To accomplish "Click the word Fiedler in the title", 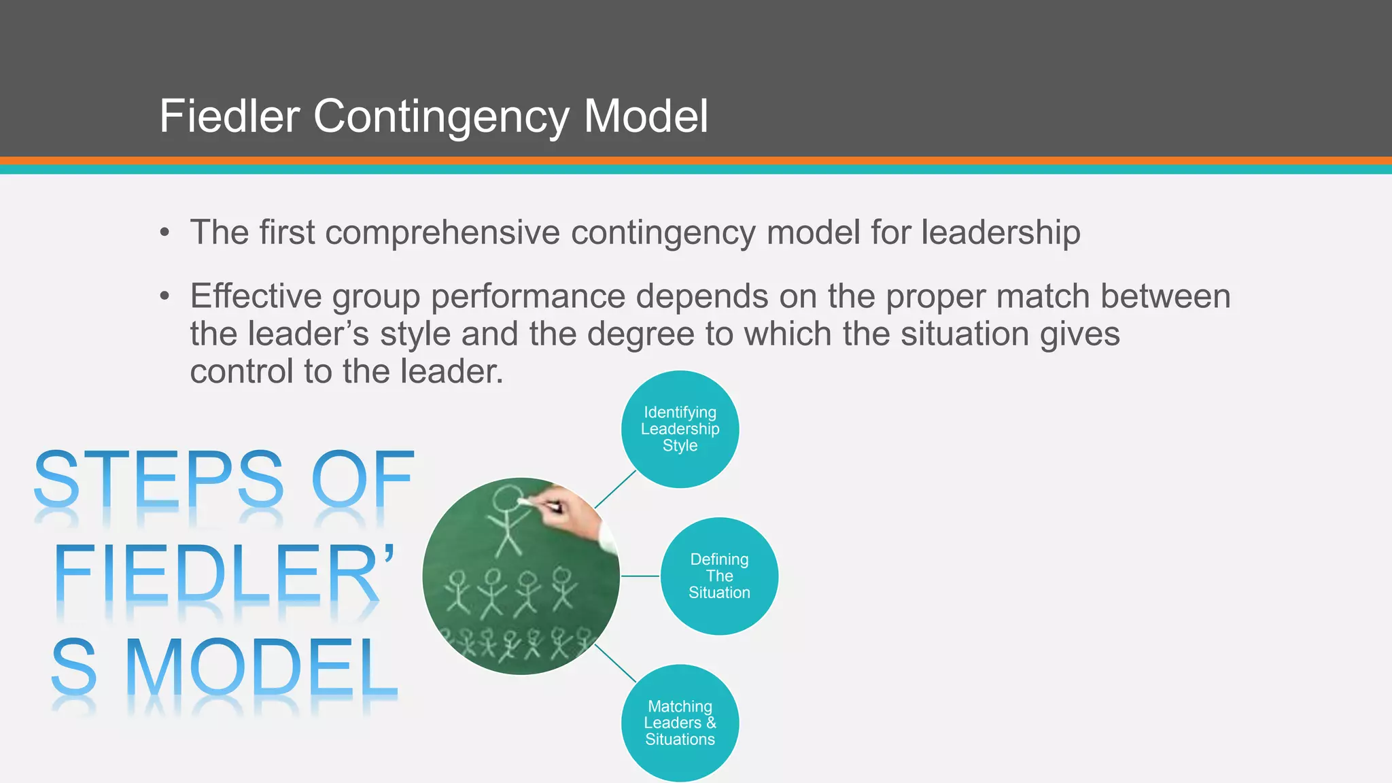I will [x=229, y=116].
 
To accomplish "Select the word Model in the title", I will [x=646, y=116].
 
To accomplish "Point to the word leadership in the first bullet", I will [x=1000, y=233].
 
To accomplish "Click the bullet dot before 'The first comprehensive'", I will [x=164, y=233].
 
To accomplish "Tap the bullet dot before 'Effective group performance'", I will [x=164, y=296].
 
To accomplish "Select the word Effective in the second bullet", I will [x=256, y=296].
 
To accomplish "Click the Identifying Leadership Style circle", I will [x=680, y=429].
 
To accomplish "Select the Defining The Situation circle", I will [x=719, y=576].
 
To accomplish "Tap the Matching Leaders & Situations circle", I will [x=680, y=723].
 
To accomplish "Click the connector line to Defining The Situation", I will [x=640, y=576].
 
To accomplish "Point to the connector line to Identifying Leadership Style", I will [x=615, y=489].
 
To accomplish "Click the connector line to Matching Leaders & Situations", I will [x=615, y=663].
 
